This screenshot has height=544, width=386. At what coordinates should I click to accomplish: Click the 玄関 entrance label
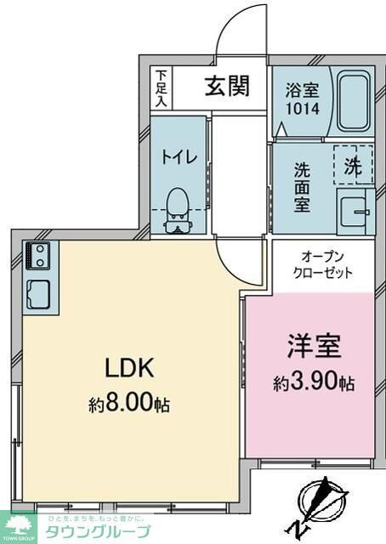(x=225, y=88)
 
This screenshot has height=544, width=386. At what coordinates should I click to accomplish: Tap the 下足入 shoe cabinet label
(x=161, y=87)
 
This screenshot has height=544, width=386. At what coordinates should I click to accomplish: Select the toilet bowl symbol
(x=178, y=208)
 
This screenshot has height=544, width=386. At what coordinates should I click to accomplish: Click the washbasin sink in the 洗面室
(x=354, y=208)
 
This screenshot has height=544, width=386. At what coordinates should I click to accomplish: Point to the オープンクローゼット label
(x=323, y=264)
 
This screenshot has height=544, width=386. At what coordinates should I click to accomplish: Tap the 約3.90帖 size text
(x=314, y=383)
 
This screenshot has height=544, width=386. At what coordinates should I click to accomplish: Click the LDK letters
(x=128, y=367)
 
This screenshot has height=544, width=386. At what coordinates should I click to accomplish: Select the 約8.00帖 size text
(x=129, y=405)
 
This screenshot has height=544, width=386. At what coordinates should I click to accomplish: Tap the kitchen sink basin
(x=38, y=293)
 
